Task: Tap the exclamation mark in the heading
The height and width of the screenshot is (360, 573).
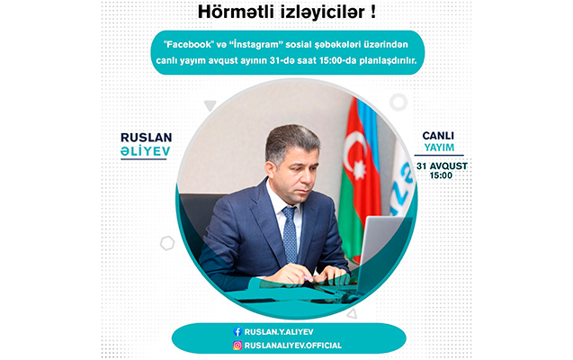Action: [372, 12]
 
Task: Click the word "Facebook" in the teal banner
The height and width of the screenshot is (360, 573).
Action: [189, 45]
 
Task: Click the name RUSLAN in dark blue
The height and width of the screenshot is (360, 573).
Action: [146, 138]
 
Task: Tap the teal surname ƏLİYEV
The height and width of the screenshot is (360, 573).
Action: [146, 151]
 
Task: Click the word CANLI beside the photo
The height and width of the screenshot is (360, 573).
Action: [438, 136]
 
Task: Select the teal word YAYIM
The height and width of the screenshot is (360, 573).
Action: [439, 148]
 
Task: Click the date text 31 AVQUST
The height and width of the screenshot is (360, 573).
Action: [442, 166]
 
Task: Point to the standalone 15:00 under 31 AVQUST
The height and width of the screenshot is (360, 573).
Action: [441, 175]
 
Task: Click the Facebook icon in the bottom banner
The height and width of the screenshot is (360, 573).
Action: [237, 331]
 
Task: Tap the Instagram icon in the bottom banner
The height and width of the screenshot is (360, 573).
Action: [237, 346]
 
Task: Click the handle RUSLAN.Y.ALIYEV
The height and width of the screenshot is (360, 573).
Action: [279, 332]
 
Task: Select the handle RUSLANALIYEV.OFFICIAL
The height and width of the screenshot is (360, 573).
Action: [293, 346]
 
